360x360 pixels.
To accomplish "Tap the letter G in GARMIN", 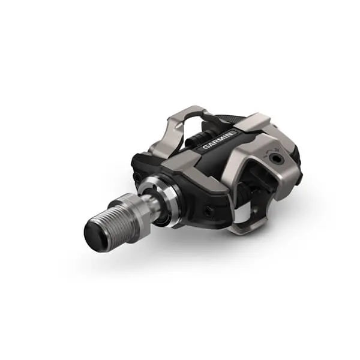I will (x=205, y=148).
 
